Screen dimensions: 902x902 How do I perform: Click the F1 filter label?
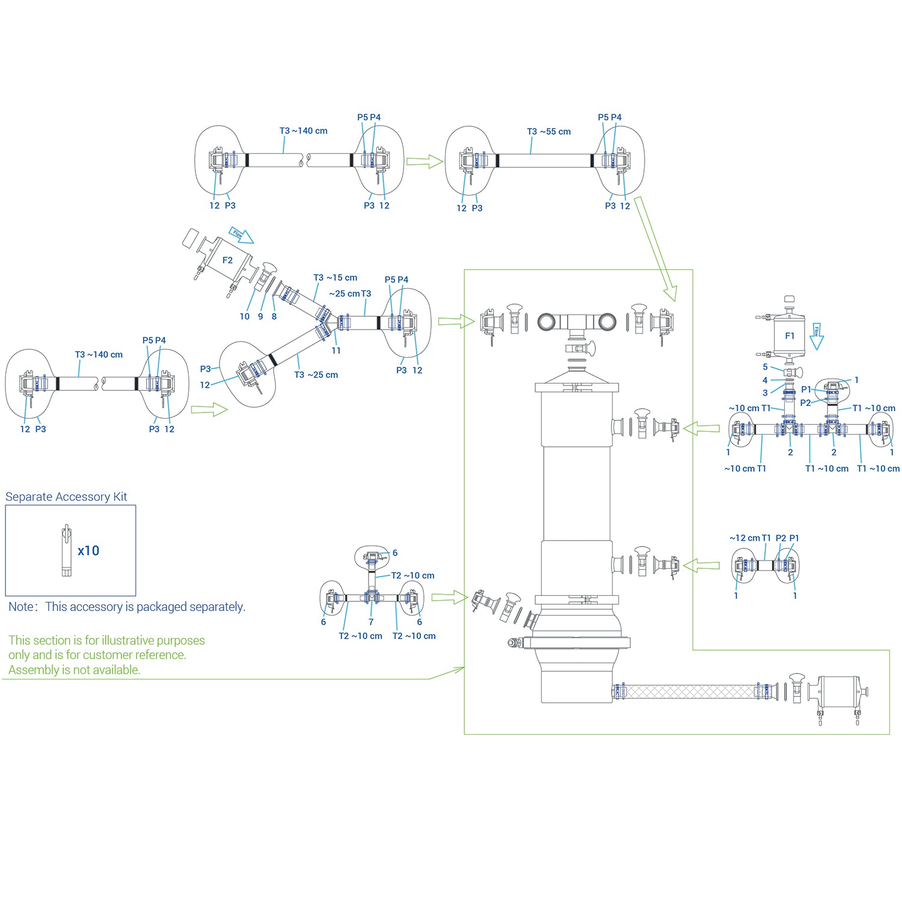tap(790, 336)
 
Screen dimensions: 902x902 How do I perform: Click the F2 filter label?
tap(227, 260)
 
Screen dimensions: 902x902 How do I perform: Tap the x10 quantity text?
tap(88, 551)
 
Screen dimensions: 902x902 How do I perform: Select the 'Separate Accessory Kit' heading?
tap(66, 497)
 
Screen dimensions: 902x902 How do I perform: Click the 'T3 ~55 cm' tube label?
tap(549, 132)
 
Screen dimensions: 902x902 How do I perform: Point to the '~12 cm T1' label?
tap(750, 538)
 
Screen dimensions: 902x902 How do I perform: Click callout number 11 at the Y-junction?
tap(336, 351)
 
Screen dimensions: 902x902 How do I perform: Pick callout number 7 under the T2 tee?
tap(371, 622)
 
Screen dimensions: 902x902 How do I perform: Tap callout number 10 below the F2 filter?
tap(245, 316)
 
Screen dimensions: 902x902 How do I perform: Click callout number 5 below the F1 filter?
tap(765, 367)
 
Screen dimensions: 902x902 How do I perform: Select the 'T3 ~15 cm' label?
tap(336, 278)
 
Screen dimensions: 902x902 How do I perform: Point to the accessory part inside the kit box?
tap(67, 551)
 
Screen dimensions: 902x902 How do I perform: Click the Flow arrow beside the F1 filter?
tap(816, 337)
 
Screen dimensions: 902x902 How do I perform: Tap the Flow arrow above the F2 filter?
tap(241, 235)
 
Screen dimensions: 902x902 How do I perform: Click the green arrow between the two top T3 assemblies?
tap(425, 161)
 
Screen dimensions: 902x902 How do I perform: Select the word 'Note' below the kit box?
tap(21, 607)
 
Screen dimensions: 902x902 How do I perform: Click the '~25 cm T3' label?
tap(350, 293)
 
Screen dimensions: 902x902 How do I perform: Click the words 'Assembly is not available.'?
tap(74, 670)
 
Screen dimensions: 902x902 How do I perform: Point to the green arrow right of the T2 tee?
tap(449, 597)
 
